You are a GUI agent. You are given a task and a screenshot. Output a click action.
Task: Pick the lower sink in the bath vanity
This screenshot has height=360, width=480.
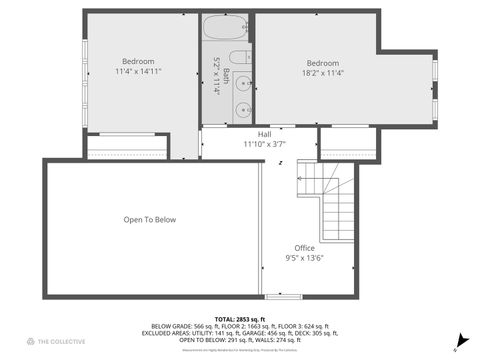coord(241,109)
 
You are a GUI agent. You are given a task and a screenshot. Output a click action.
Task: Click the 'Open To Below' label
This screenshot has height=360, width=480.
coord(150,220)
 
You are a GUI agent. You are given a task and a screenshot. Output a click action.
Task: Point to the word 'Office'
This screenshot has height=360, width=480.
coord(305,248)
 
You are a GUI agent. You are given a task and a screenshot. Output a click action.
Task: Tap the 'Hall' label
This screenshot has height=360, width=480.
coord(264,134)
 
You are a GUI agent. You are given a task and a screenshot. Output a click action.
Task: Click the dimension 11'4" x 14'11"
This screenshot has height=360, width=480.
coord(138,72)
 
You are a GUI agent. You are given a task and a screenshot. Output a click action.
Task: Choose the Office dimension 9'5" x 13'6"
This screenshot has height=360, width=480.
coord(305,258)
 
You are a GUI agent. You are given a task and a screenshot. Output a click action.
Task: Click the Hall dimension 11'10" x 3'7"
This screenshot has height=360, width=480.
coord(264,144)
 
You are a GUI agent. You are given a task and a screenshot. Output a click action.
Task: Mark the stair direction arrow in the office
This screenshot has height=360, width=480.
coord(282,162)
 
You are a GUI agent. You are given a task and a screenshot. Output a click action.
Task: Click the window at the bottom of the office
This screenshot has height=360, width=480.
coord(283,296)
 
